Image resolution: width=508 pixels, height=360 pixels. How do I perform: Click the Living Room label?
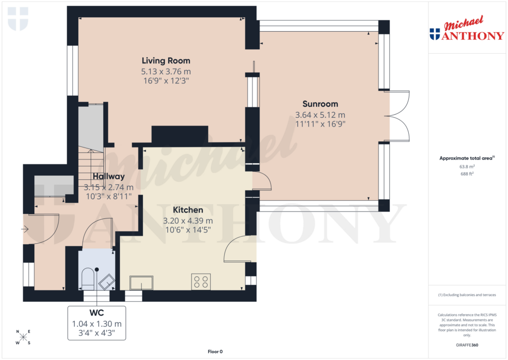[166, 61]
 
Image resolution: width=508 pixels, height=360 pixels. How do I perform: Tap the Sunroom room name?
[320, 104]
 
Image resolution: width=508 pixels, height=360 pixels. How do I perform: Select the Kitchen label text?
[188, 210]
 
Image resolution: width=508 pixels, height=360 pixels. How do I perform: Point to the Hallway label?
[108, 176]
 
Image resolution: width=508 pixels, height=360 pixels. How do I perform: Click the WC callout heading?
[96, 313]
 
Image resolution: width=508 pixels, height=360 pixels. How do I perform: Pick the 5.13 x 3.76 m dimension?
[166, 71]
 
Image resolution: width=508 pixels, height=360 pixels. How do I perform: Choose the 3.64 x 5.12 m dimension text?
[320, 114]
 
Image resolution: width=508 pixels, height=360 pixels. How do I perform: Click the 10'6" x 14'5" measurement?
[188, 230]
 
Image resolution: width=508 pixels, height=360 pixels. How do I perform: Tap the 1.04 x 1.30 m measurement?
[96, 323]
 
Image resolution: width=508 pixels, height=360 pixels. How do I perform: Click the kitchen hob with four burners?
[201, 282]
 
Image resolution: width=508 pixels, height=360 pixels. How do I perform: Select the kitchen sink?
[141, 283]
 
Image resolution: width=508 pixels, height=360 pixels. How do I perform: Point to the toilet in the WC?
[87, 279]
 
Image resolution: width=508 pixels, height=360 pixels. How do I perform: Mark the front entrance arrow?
[25, 229]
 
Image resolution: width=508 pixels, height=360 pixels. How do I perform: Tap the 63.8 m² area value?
[466, 167]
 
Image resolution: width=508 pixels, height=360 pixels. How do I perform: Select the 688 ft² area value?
[466, 174]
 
